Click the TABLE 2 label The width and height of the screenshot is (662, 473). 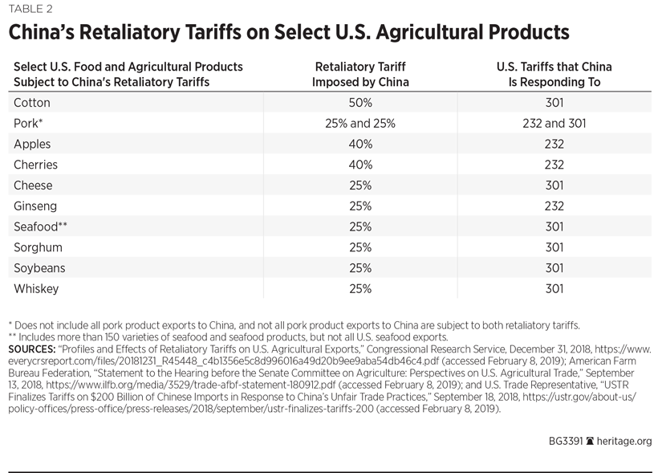(31, 10)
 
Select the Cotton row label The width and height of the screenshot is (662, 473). (31, 103)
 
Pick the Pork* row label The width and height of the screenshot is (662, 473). (28, 124)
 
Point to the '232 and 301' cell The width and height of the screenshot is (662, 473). (554, 124)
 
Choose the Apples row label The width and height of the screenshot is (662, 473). (33, 145)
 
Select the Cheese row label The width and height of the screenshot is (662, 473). (34, 186)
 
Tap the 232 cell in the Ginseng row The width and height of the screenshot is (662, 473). (554, 206)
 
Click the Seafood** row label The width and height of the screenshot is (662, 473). (41, 226)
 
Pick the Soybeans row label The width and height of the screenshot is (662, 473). (40, 267)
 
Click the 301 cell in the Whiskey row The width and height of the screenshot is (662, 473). (554, 288)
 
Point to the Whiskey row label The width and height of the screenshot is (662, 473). (37, 288)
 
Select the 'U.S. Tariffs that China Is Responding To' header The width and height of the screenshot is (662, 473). (554, 75)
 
